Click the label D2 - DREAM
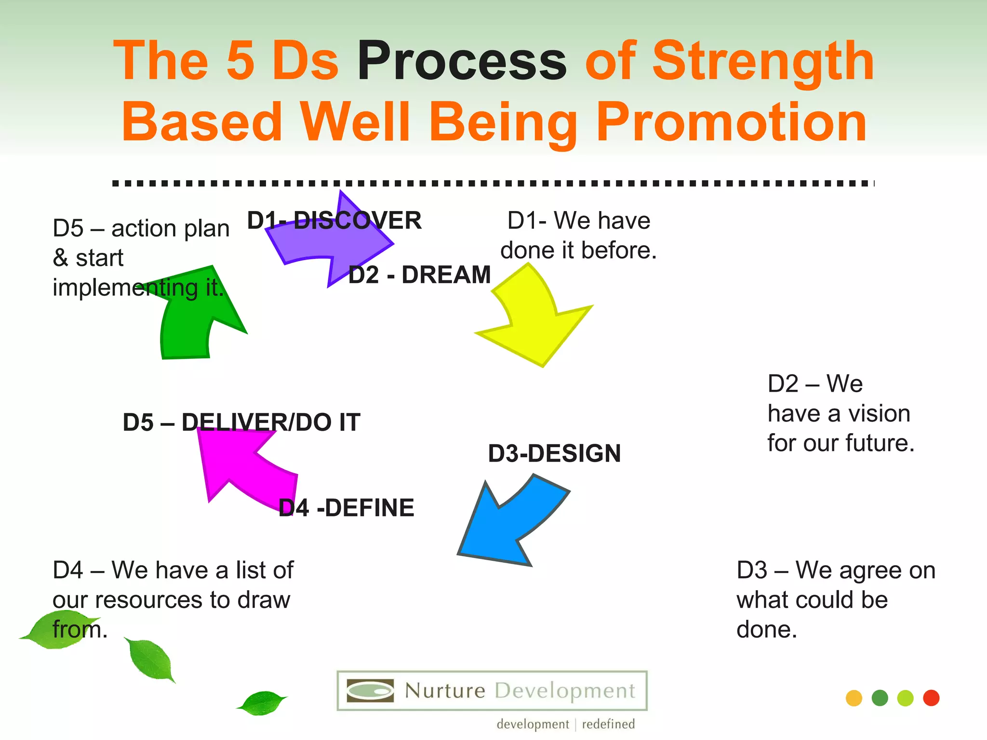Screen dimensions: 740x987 coord(419,275)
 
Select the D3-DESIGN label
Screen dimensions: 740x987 coord(554,453)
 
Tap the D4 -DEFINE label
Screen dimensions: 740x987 coord(346,508)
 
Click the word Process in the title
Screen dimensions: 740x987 coord(462,62)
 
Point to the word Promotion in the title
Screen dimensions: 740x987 coord(731,123)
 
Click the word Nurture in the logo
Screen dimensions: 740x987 coord(445,691)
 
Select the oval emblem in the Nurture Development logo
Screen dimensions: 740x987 coord(370,691)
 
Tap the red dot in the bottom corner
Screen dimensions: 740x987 coord(931,698)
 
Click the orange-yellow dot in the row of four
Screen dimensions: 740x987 coord(854,698)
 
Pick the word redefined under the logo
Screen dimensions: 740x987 coord(608,724)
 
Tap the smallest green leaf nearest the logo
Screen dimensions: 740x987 coord(262,703)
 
